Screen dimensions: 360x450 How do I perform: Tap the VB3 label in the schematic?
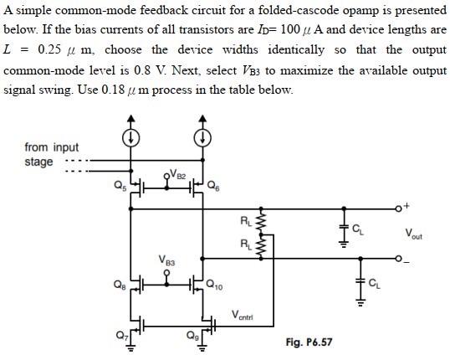click(167, 261)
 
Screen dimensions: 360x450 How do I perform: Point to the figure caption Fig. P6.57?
click(311, 342)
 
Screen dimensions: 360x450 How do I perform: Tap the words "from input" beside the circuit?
click(52, 148)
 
